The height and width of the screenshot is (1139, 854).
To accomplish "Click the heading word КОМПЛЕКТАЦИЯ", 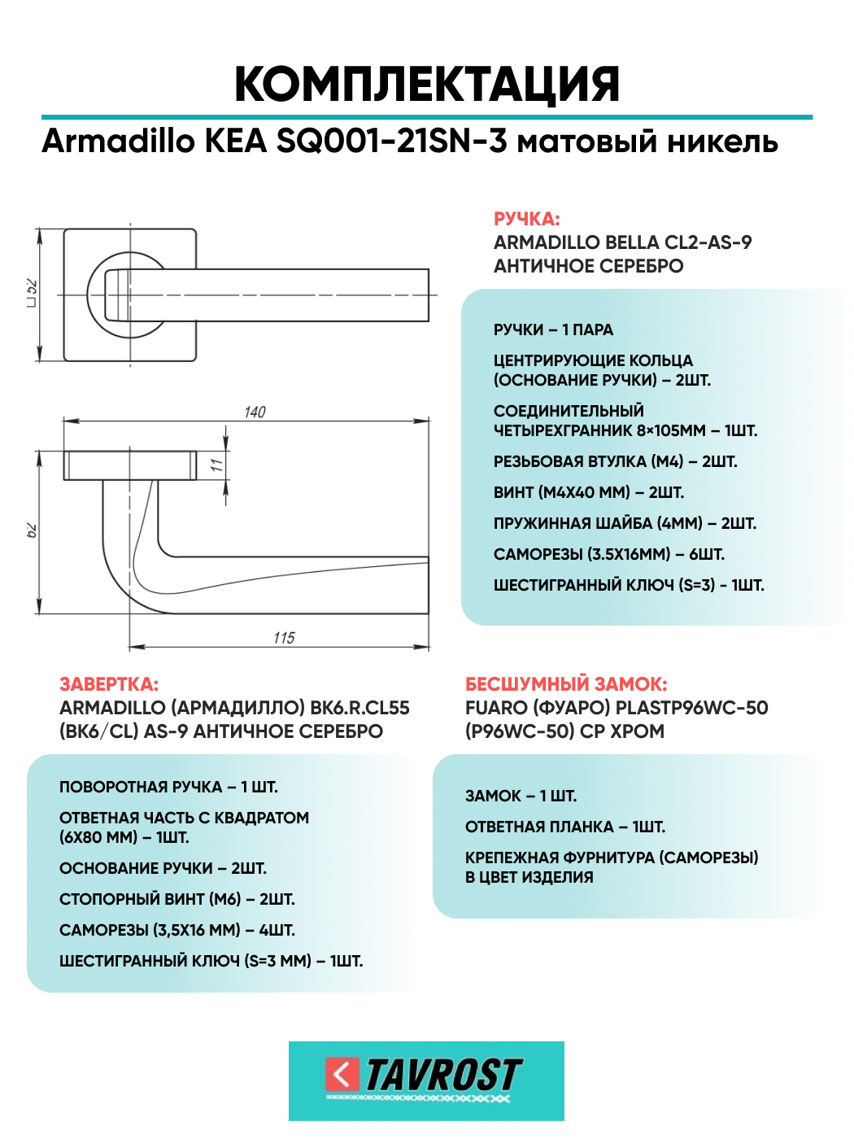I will (427, 84).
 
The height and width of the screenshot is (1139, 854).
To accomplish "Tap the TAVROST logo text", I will (443, 1075).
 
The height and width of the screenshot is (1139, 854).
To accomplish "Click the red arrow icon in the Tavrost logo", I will (342, 1075).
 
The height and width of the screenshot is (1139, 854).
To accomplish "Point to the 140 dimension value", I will (255, 412).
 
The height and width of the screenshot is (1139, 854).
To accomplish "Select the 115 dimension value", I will (284, 638).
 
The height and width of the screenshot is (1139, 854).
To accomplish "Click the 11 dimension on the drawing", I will (216, 465).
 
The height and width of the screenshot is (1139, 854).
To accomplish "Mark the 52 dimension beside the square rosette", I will (32, 294).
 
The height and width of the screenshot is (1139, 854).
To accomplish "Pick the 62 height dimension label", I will (32, 530).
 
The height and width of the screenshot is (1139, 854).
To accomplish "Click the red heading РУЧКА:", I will (526, 219).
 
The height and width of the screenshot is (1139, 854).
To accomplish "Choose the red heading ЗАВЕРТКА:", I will (109, 684).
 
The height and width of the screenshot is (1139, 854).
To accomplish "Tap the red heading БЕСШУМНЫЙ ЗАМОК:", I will (566, 684).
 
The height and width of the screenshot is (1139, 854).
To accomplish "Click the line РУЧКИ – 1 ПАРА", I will (553, 329).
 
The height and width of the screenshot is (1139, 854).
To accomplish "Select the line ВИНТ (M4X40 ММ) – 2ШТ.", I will (589, 492).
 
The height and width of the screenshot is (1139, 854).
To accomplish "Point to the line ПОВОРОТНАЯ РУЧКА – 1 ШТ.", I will (168, 787).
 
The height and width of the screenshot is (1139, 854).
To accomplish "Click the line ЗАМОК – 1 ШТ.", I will (521, 796).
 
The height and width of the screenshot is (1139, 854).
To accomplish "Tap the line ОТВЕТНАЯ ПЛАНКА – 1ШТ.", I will (565, 827).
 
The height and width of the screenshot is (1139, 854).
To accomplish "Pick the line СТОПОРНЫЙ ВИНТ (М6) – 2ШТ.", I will (177, 899).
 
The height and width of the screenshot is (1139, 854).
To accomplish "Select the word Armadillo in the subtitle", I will (119, 142).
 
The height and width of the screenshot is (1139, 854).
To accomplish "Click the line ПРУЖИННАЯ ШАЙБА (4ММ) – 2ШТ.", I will (625, 523).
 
